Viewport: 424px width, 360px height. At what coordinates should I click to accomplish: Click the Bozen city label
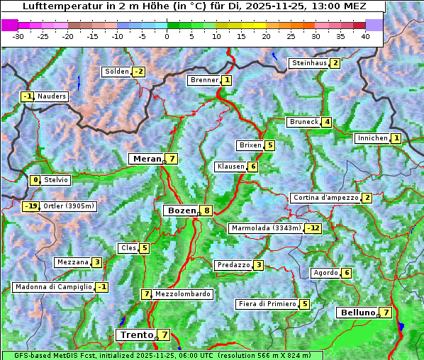tap(181, 210)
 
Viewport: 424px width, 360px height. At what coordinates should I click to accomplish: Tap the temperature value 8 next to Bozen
tap(206, 210)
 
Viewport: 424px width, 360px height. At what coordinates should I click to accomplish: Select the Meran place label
tap(147, 159)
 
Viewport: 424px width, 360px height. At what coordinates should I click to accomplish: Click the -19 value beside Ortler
tap(30, 206)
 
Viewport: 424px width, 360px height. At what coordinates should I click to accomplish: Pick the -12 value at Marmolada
tap(313, 228)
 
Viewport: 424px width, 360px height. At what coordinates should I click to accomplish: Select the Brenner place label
tap(204, 80)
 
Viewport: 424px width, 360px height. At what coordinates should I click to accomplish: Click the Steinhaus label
tap(309, 63)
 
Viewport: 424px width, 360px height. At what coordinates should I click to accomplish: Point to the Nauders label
tap(51, 96)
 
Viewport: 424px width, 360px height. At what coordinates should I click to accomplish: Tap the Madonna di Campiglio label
tap(53, 287)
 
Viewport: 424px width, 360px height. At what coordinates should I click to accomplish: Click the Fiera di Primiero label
tap(267, 304)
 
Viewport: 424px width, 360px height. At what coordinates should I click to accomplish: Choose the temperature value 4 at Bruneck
tap(327, 122)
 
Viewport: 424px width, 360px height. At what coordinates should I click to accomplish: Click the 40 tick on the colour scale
tap(365, 35)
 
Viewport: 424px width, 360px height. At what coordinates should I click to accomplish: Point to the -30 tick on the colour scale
tap(18, 35)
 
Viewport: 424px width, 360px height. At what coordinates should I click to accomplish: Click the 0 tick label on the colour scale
tap(167, 35)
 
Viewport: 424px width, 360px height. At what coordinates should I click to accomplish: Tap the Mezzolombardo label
tap(182, 294)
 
